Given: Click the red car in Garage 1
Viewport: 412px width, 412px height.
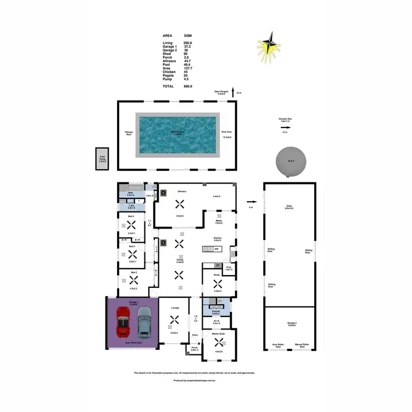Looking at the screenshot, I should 123,322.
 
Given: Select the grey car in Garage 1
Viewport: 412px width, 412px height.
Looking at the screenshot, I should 143,322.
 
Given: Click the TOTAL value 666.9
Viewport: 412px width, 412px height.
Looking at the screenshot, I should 188,86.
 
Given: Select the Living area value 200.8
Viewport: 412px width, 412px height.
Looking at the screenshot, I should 188,42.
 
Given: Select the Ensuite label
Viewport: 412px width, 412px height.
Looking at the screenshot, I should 216,311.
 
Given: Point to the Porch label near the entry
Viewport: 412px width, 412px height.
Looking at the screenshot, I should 194,347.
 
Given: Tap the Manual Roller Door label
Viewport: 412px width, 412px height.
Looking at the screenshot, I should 302,346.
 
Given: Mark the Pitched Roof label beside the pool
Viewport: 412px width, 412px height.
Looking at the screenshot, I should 129,132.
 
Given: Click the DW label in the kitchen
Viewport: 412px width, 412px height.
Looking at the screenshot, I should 218,249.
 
